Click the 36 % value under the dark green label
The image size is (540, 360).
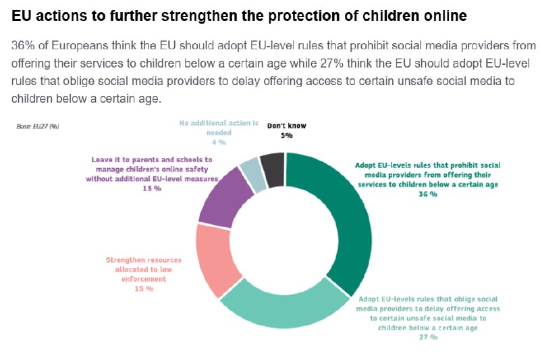428,194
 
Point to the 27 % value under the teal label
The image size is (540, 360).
428,337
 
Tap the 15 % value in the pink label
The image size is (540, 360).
144,288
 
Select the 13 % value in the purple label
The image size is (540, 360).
152,188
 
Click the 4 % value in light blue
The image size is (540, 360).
219,143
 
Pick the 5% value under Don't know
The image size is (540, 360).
286,135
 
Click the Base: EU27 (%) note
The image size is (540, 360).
38,126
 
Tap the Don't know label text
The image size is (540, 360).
286,126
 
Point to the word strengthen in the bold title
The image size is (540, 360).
200,16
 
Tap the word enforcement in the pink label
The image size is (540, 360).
144,279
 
